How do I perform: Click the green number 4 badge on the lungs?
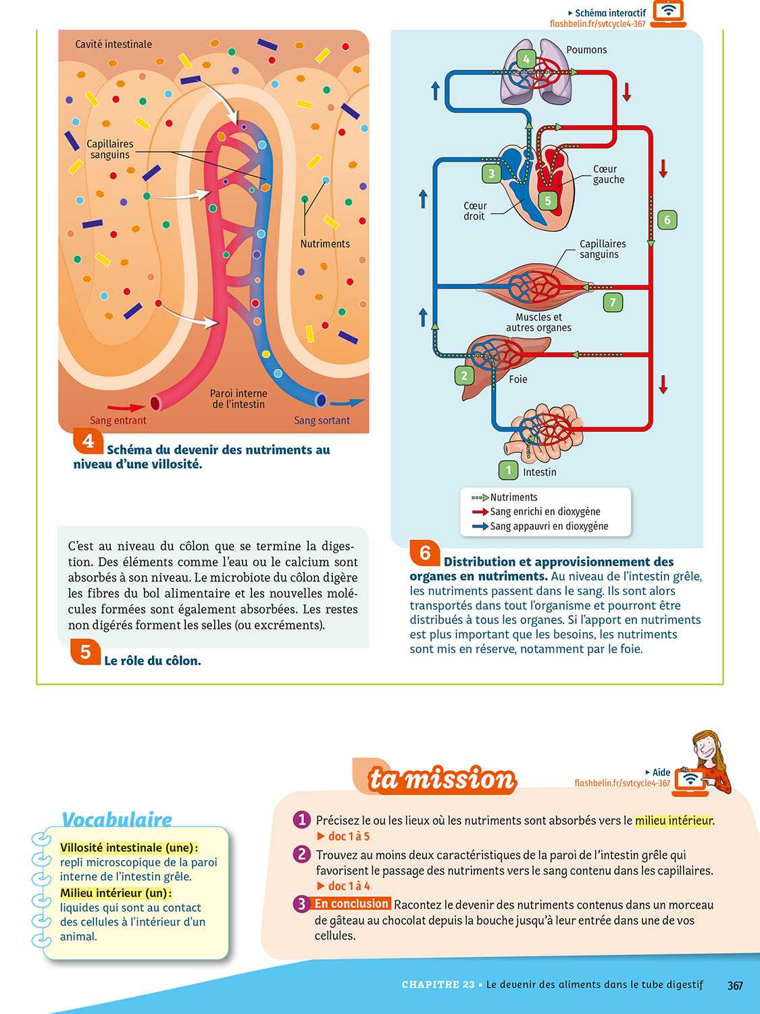click(x=526, y=59)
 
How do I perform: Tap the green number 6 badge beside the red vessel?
click(x=667, y=220)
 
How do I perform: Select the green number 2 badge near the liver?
click(x=464, y=375)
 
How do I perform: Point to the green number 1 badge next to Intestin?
click(x=508, y=470)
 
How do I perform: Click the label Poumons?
click(x=586, y=50)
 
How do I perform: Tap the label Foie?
click(x=518, y=379)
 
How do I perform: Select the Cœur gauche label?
click(x=608, y=174)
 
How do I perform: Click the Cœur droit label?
click(x=474, y=211)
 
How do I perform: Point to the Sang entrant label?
click(x=118, y=420)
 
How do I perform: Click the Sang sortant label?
click(x=322, y=420)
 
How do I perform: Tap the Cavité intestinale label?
click(x=113, y=45)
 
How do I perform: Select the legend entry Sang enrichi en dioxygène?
click(x=544, y=512)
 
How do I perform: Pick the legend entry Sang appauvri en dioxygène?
click(x=549, y=527)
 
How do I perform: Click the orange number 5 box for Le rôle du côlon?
click(x=86, y=652)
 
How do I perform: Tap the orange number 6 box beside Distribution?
click(x=425, y=553)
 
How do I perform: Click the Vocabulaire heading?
click(x=117, y=819)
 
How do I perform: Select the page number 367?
click(x=735, y=986)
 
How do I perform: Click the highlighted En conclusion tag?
click(x=352, y=904)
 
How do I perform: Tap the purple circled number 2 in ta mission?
click(x=301, y=854)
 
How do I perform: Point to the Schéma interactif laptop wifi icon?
click(x=669, y=13)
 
